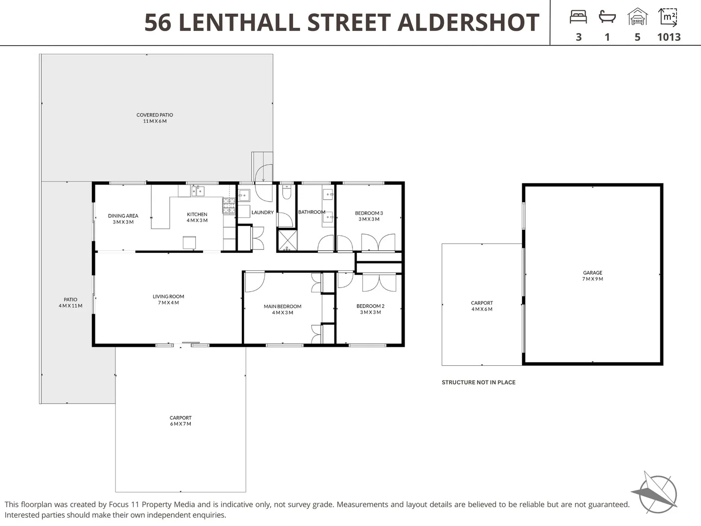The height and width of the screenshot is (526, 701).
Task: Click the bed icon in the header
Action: [x=578, y=17]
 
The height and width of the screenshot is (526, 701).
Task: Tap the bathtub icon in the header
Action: [x=607, y=17]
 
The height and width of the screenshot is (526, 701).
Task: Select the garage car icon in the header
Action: [x=637, y=17]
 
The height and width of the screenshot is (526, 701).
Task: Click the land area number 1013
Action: [x=669, y=37]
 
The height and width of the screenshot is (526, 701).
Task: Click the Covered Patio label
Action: [x=155, y=118]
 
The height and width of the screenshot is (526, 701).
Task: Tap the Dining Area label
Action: [x=123, y=219]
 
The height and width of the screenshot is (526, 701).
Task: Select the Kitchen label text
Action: [x=197, y=217]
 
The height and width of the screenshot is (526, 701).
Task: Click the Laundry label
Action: [x=262, y=212]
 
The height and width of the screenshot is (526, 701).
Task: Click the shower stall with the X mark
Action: [x=287, y=240]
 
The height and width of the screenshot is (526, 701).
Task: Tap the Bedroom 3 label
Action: [x=369, y=216]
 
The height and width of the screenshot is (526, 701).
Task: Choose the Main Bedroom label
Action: [x=282, y=309]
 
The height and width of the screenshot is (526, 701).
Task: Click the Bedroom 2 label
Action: [x=370, y=309]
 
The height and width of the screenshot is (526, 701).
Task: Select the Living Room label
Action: [x=168, y=299]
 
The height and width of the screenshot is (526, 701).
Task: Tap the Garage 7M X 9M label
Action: [x=592, y=276]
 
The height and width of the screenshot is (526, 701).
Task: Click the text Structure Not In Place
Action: [x=479, y=382]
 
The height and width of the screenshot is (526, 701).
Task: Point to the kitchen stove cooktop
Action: [x=229, y=206]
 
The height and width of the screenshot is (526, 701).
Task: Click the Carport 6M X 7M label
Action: [x=181, y=421]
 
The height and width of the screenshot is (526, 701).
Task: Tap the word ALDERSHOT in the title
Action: [x=468, y=22]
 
